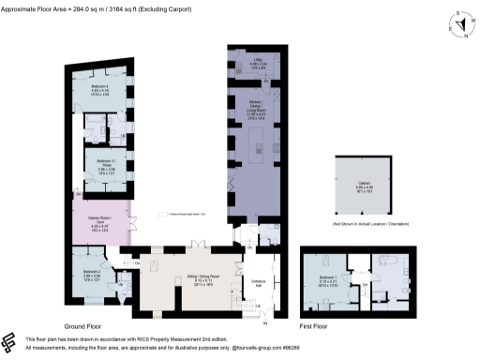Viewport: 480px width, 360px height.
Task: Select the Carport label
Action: pyautogui.click(x=361, y=186)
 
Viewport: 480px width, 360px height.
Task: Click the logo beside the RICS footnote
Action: pyautogui.click(x=10, y=342)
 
